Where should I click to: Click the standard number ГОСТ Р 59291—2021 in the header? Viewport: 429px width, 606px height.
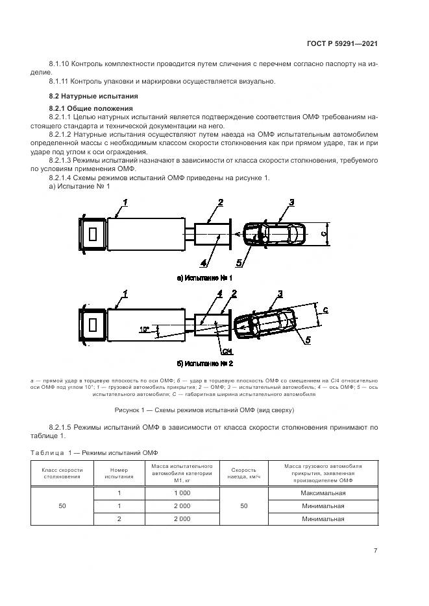tap(342, 43)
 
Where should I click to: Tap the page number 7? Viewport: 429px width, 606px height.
tap(375, 550)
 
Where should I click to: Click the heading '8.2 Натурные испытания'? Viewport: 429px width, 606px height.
tap(87, 96)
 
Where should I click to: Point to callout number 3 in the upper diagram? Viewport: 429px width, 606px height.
tap(292, 203)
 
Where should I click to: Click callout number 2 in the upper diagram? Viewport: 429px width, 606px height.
tap(220, 203)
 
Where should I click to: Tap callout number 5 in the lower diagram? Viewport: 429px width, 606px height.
tap(308, 339)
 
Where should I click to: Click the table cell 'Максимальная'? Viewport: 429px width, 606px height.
tap(323, 493)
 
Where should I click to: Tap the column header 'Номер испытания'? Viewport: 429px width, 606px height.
tap(119, 473)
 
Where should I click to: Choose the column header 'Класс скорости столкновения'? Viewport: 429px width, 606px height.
tap(62, 473)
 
